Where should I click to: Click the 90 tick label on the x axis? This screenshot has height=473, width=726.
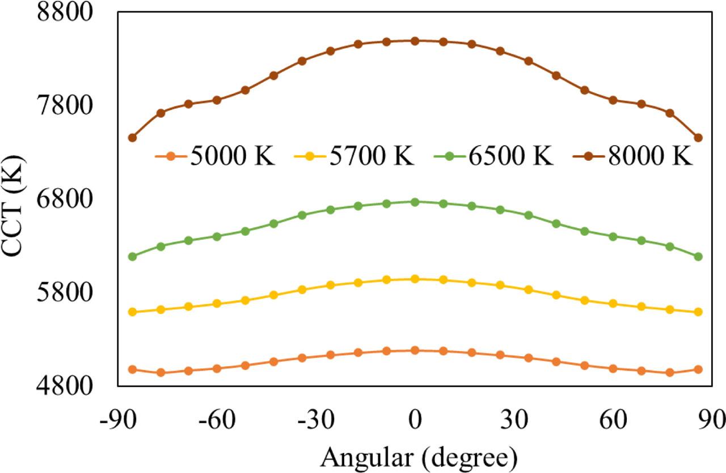click(x=711, y=422)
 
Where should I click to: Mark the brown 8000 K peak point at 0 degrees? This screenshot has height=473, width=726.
click(x=415, y=41)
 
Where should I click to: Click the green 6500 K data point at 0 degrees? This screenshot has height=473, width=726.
click(x=415, y=202)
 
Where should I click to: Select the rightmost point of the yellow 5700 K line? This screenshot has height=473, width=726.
click(x=698, y=312)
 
